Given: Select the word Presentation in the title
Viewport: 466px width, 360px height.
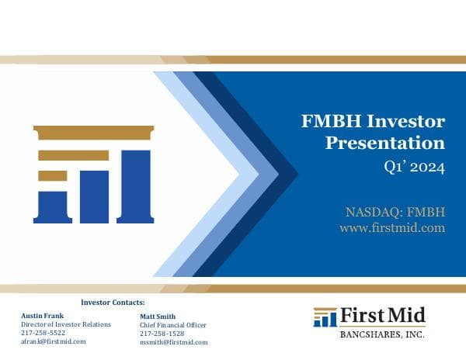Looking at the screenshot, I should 384,143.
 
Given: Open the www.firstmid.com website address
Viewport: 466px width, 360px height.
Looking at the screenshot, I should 391,227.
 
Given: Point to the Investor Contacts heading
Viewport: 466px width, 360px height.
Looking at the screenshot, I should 113,301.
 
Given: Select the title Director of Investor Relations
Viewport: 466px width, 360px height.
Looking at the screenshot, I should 65,324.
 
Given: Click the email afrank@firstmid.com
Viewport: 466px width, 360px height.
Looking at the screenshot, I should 53,341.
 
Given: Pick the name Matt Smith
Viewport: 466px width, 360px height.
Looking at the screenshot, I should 158,317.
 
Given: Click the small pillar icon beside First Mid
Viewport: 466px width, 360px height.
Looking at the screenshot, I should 325,317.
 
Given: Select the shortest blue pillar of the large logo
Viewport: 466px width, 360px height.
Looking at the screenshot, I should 51,203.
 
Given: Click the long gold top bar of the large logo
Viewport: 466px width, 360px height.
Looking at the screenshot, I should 93,133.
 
